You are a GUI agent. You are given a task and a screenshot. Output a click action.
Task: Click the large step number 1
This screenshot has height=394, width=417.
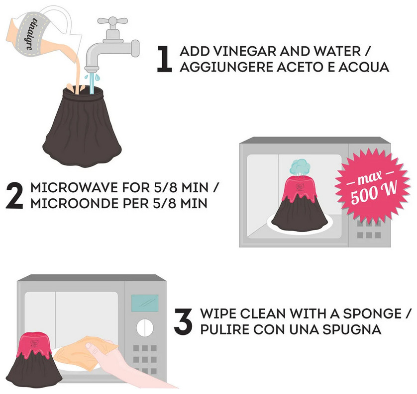click(165, 59)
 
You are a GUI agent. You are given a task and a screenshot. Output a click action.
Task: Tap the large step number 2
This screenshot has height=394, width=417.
click(15, 195)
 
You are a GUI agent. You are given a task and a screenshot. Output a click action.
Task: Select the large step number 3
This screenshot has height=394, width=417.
click(183, 321)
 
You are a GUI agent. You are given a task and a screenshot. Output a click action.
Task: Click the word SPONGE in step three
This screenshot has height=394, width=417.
click(372, 314)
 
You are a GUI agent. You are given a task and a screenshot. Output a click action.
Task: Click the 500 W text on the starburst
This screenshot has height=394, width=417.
click(374, 193)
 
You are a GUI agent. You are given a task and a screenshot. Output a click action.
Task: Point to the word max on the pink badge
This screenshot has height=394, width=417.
click(370, 178)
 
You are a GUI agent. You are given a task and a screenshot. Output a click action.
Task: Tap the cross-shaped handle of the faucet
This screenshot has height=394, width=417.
click(113, 21)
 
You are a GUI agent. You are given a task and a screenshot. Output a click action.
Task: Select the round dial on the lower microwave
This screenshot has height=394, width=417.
click(145, 328)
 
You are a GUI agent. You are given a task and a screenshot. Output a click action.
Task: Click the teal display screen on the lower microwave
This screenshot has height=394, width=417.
click(145, 303)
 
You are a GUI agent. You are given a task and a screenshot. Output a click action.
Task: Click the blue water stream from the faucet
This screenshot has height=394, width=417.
click(92, 83)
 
